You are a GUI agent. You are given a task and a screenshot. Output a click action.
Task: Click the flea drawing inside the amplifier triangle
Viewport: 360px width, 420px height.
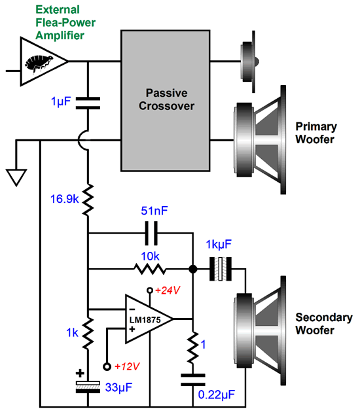tap(38, 64)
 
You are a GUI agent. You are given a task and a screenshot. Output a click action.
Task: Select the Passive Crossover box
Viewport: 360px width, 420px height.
tap(166, 101)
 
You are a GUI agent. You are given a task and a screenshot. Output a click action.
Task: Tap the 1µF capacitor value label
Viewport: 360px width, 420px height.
tap(61, 101)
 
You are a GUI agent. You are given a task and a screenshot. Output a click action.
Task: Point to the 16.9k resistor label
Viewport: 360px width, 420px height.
tap(64, 199)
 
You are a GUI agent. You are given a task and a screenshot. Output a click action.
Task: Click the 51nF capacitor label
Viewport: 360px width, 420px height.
tap(154, 211)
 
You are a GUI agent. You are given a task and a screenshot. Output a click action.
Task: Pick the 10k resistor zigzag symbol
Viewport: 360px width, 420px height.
tap(150, 269)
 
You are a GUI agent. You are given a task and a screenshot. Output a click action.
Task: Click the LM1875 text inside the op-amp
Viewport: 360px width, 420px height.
tap(145, 320)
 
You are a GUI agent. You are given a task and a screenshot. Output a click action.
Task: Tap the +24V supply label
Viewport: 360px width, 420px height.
tap(168, 290)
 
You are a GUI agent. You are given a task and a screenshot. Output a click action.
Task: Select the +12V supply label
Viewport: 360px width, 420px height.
tap(127, 366)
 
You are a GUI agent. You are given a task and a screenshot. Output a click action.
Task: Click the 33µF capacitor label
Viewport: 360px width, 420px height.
tap(118, 387)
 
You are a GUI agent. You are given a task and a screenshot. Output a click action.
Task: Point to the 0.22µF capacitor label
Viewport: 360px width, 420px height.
tap(216, 394)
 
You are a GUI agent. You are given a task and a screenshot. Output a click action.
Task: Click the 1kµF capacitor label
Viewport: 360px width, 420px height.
tap(219, 245)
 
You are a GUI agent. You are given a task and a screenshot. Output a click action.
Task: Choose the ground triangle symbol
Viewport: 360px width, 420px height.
tap(16, 177)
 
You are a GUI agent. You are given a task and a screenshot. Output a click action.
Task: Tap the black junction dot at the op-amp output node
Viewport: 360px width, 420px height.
tap(193, 269)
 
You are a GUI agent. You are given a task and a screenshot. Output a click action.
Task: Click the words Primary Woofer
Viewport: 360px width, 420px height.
tap(316, 133)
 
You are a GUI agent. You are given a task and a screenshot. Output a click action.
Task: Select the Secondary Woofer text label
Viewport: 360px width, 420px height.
tap(324, 324)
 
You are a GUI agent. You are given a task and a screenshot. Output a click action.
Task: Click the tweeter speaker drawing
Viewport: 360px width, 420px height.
tap(250, 62)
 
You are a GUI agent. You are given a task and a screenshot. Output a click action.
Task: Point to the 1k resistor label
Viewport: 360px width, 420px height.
tap(73, 333)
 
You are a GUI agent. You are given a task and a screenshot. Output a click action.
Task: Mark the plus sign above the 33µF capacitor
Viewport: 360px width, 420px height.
tap(80, 373)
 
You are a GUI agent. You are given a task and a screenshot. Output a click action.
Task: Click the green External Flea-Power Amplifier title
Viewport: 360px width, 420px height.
tap(65, 22)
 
